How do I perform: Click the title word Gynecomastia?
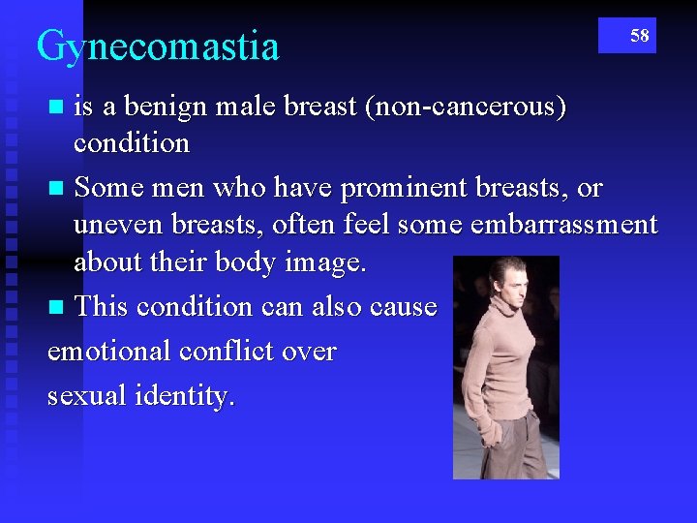[158, 46]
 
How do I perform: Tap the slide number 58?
[640, 36]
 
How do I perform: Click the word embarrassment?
[563, 225]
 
